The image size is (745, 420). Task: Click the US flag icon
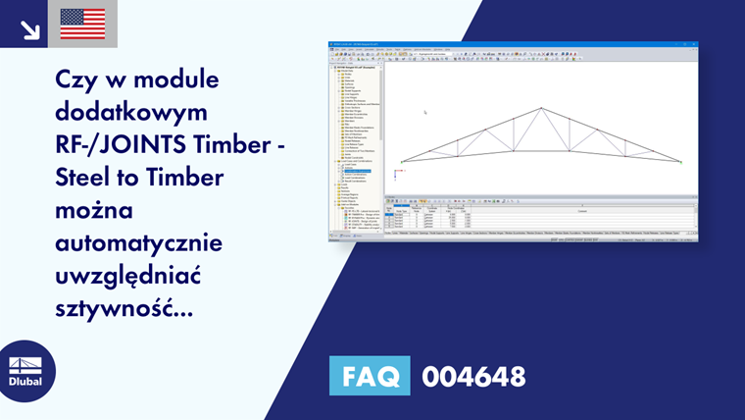tap(82, 24)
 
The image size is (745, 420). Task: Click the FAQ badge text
tap(372, 376)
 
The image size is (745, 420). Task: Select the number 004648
tap(473, 376)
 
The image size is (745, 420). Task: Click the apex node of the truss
tap(541, 108)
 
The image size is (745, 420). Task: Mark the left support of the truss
tap(402, 162)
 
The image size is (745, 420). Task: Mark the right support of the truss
tap(680, 162)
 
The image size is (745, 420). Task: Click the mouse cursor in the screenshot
tap(425, 113)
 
